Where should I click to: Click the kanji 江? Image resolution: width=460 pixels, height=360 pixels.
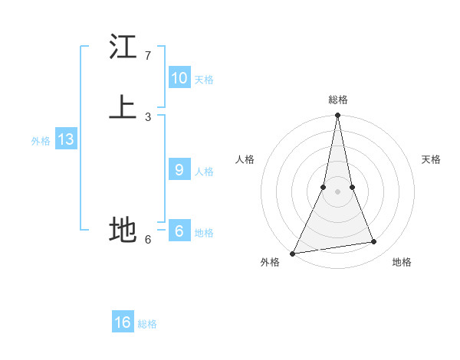tap(123, 47)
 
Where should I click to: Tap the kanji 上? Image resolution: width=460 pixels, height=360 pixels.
tap(123, 106)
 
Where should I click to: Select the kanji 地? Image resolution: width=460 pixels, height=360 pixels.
tap(123, 229)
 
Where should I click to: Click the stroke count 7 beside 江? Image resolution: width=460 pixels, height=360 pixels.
tap(147, 56)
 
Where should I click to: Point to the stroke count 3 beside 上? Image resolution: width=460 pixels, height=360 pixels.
tap(147, 116)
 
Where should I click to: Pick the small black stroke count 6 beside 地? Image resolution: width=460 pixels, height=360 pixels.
tap(147, 239)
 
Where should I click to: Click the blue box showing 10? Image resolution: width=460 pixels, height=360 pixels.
tap(179, 77)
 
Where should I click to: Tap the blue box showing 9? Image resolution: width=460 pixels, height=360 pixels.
tap(179, 170)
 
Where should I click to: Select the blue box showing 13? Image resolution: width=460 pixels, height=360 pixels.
tap(65, 139)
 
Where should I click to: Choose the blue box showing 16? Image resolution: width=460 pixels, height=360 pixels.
tap(123, 322)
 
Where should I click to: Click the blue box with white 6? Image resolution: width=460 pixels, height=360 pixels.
tap(179, 231)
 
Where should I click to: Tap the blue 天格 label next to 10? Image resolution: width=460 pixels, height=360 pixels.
tap(203, 79)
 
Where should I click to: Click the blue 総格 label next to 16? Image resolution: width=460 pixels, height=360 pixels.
tap(147, 324)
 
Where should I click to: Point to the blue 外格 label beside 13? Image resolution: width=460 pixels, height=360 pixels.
tap(41, 141)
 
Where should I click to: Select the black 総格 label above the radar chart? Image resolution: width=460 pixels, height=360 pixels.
tap(337, 100)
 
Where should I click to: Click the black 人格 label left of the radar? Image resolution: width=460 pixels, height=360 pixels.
tap(245, 159)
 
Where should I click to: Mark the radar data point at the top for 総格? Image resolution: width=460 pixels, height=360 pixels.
tap(337, 116)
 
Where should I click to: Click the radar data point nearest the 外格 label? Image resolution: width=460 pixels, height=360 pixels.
tap(292, 253)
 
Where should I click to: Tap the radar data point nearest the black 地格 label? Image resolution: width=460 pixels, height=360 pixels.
tap(374, 242)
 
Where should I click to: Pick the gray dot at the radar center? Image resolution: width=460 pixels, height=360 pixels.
tap(337, 191)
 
